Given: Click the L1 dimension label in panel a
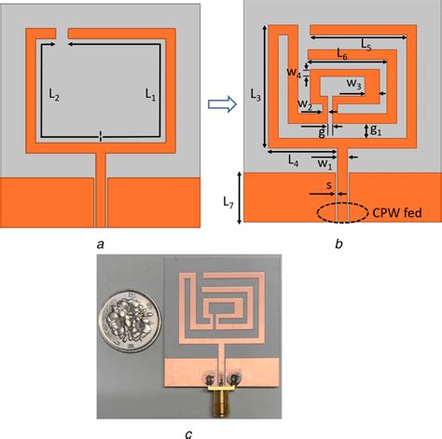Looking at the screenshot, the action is tap(150, 94).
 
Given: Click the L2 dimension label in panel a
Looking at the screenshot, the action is tap(54, 94).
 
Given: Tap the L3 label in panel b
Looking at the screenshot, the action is tap(256, 95).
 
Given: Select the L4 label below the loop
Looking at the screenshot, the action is tap(293, 160).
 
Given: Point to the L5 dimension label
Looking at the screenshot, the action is tap(366, 45).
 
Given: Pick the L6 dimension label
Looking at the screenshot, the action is tap(342, 54).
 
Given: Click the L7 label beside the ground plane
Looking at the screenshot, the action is tap(228, 202).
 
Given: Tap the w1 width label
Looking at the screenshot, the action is tap(325, 163).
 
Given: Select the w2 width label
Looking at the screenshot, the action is tap(305, 104).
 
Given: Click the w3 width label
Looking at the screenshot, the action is tap(354, 84).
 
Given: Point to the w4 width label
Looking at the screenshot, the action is tap(294, 73).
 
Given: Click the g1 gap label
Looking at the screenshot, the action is tap(376, 130).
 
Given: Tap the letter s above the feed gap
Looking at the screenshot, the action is tap(329, 185).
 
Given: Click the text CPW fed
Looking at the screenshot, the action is tap(397, 213).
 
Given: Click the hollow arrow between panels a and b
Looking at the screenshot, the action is tap(222, 103).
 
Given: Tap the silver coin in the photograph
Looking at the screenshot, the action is tap(130, 322).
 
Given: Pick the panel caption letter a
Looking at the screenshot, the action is tap(100, 245).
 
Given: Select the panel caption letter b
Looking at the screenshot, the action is tap(338, 243).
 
